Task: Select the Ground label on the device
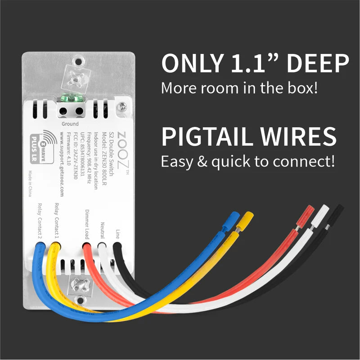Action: click(x=70, y=124)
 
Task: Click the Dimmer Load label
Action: click(x=86, y=224)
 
